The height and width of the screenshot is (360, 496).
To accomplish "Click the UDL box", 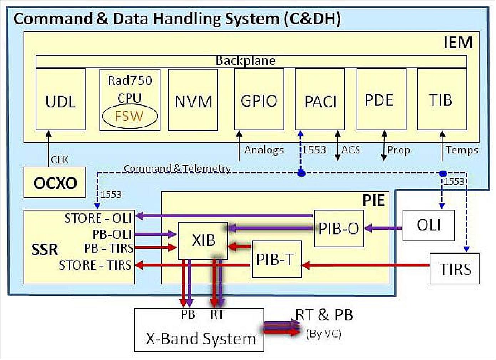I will (61, 100).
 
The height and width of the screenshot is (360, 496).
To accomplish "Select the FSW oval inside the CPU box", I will (130, 116).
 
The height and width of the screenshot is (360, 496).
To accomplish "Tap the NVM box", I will (193, 101).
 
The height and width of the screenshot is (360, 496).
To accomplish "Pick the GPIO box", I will (259, 100).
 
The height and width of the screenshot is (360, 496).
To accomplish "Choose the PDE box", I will (381, 100).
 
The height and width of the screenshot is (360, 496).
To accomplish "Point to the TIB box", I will (442, 100).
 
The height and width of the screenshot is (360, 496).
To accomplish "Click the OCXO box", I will (55, 183).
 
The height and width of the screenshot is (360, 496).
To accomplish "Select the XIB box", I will (203, 240).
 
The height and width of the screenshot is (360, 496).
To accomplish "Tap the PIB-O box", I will (339, 228).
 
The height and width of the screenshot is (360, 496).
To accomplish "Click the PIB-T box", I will (276, 259).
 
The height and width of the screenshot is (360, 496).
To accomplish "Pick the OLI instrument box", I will (429, 225).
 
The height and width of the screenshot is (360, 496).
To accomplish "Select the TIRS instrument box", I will (455, 269).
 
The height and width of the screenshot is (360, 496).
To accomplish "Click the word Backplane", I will (246, 61).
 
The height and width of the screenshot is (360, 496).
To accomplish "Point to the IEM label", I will (458, 43).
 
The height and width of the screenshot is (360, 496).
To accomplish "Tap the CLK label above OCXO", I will (60, 159).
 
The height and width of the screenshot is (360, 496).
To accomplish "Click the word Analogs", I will (264, 150).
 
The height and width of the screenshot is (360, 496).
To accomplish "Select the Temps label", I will (462, 150).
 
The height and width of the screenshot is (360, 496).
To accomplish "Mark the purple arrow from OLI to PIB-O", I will (384, 228).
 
